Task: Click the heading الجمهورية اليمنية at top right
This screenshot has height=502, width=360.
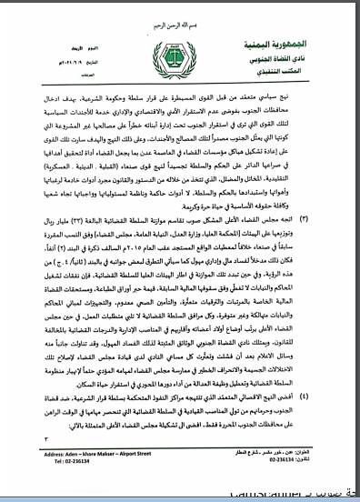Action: pyautogui.click(x=295, y=44)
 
